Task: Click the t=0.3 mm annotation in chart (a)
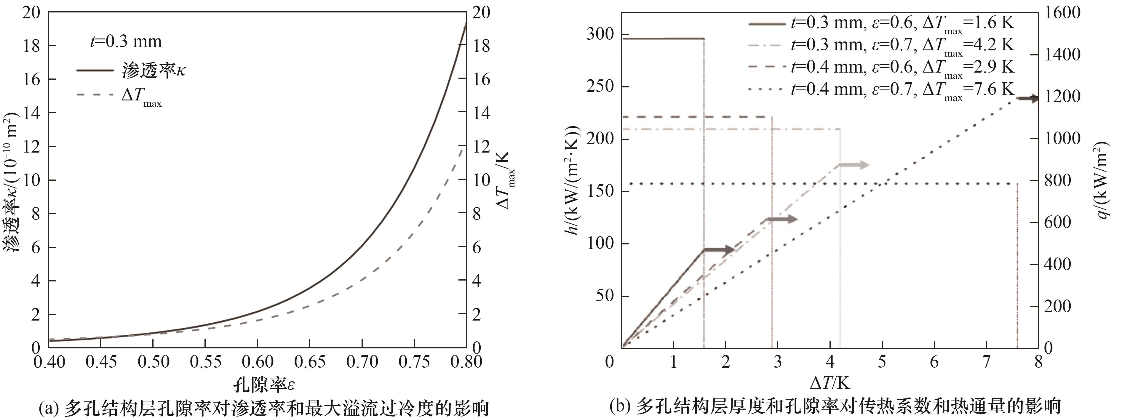pos(126,42)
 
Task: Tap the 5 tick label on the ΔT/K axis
pos(882,362)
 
